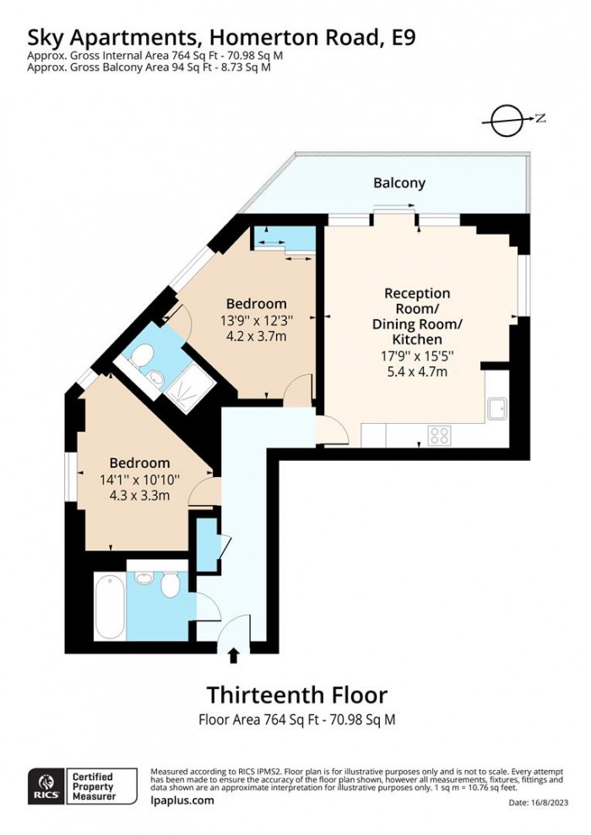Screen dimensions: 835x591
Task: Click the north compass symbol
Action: coord(507,120)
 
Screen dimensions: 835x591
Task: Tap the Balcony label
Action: coord(399,182)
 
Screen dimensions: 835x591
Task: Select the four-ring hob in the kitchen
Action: coord(440,435)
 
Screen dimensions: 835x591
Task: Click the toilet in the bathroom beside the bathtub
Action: coord(170,583)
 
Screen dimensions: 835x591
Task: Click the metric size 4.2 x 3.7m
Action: coord(256,335)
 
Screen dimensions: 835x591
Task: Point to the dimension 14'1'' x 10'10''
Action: coord(139,480)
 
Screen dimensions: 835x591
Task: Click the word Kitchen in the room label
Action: coord(417,339)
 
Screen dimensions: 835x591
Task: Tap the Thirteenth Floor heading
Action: coord(296,695)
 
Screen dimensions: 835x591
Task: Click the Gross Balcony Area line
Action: coord(149,68)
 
